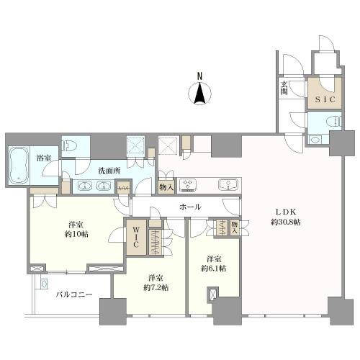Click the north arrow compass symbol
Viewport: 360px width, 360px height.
tap(200, 93)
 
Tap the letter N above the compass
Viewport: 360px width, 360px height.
tap(199, 76)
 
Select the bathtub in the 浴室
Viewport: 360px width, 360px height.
tap(19, 165)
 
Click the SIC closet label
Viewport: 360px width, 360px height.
tap(325, 99)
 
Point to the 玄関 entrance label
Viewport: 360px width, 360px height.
tap(284, 88)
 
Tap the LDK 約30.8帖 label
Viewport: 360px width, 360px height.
tap(286, 217)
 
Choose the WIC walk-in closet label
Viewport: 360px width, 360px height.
tap(136, 237)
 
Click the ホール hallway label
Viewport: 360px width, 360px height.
tap(190, 207)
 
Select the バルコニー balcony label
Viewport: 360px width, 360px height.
tap(74, 294)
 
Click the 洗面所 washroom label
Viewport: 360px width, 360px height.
tap(109, 171)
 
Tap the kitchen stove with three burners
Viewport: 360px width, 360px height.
tap(189, 185)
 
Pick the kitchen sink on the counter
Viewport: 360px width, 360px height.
tap(228, 185)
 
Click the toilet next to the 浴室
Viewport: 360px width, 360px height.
tap(70, 145)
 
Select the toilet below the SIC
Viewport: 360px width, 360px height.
tap(335, 121)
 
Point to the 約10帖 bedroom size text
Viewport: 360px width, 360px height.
tap(76, 234)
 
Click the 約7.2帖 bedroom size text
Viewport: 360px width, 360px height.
tap(156, 287)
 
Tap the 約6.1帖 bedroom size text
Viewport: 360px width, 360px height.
tap(214, 268)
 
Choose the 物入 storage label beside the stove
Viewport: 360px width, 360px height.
tap(166, 187)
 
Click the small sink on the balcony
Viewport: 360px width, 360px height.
tap(44, 284)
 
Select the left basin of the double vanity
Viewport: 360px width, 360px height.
tap(84, 186)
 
